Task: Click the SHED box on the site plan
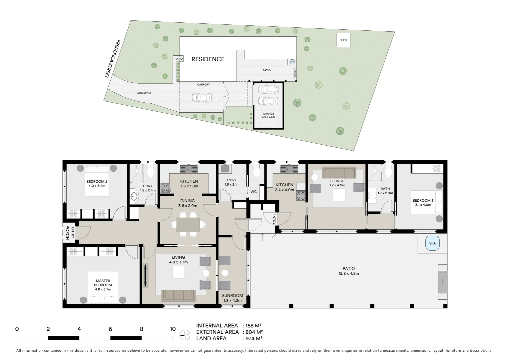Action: pyautogui.click(x=343, y=40)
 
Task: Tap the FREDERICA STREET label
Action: pyautogui.click(x=112, y=59)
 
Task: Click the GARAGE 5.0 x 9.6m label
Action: pyautogui.click(x=268, y=115)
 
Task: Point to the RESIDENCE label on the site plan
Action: pyautogui.click(x=208, y=59)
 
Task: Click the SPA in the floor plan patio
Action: pyautogui.click(x=432, y=243)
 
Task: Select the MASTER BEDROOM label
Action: pyautogui.click(x=103, y=285)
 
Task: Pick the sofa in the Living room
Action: pyautogui.click(x=178, y=295)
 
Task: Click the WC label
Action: pyautogui.click(x=254, y=192)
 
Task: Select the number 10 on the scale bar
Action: pyautogui.click(x=172, y=329)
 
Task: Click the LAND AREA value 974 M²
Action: pyautogui.click(x=253, y=338)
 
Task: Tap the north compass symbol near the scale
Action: pyautogui.click(x=184, y=334)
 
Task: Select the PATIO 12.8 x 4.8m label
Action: pyautogui.click(x=348, y=271)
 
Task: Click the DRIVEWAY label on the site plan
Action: pyautogui.click(x=144, y=93)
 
